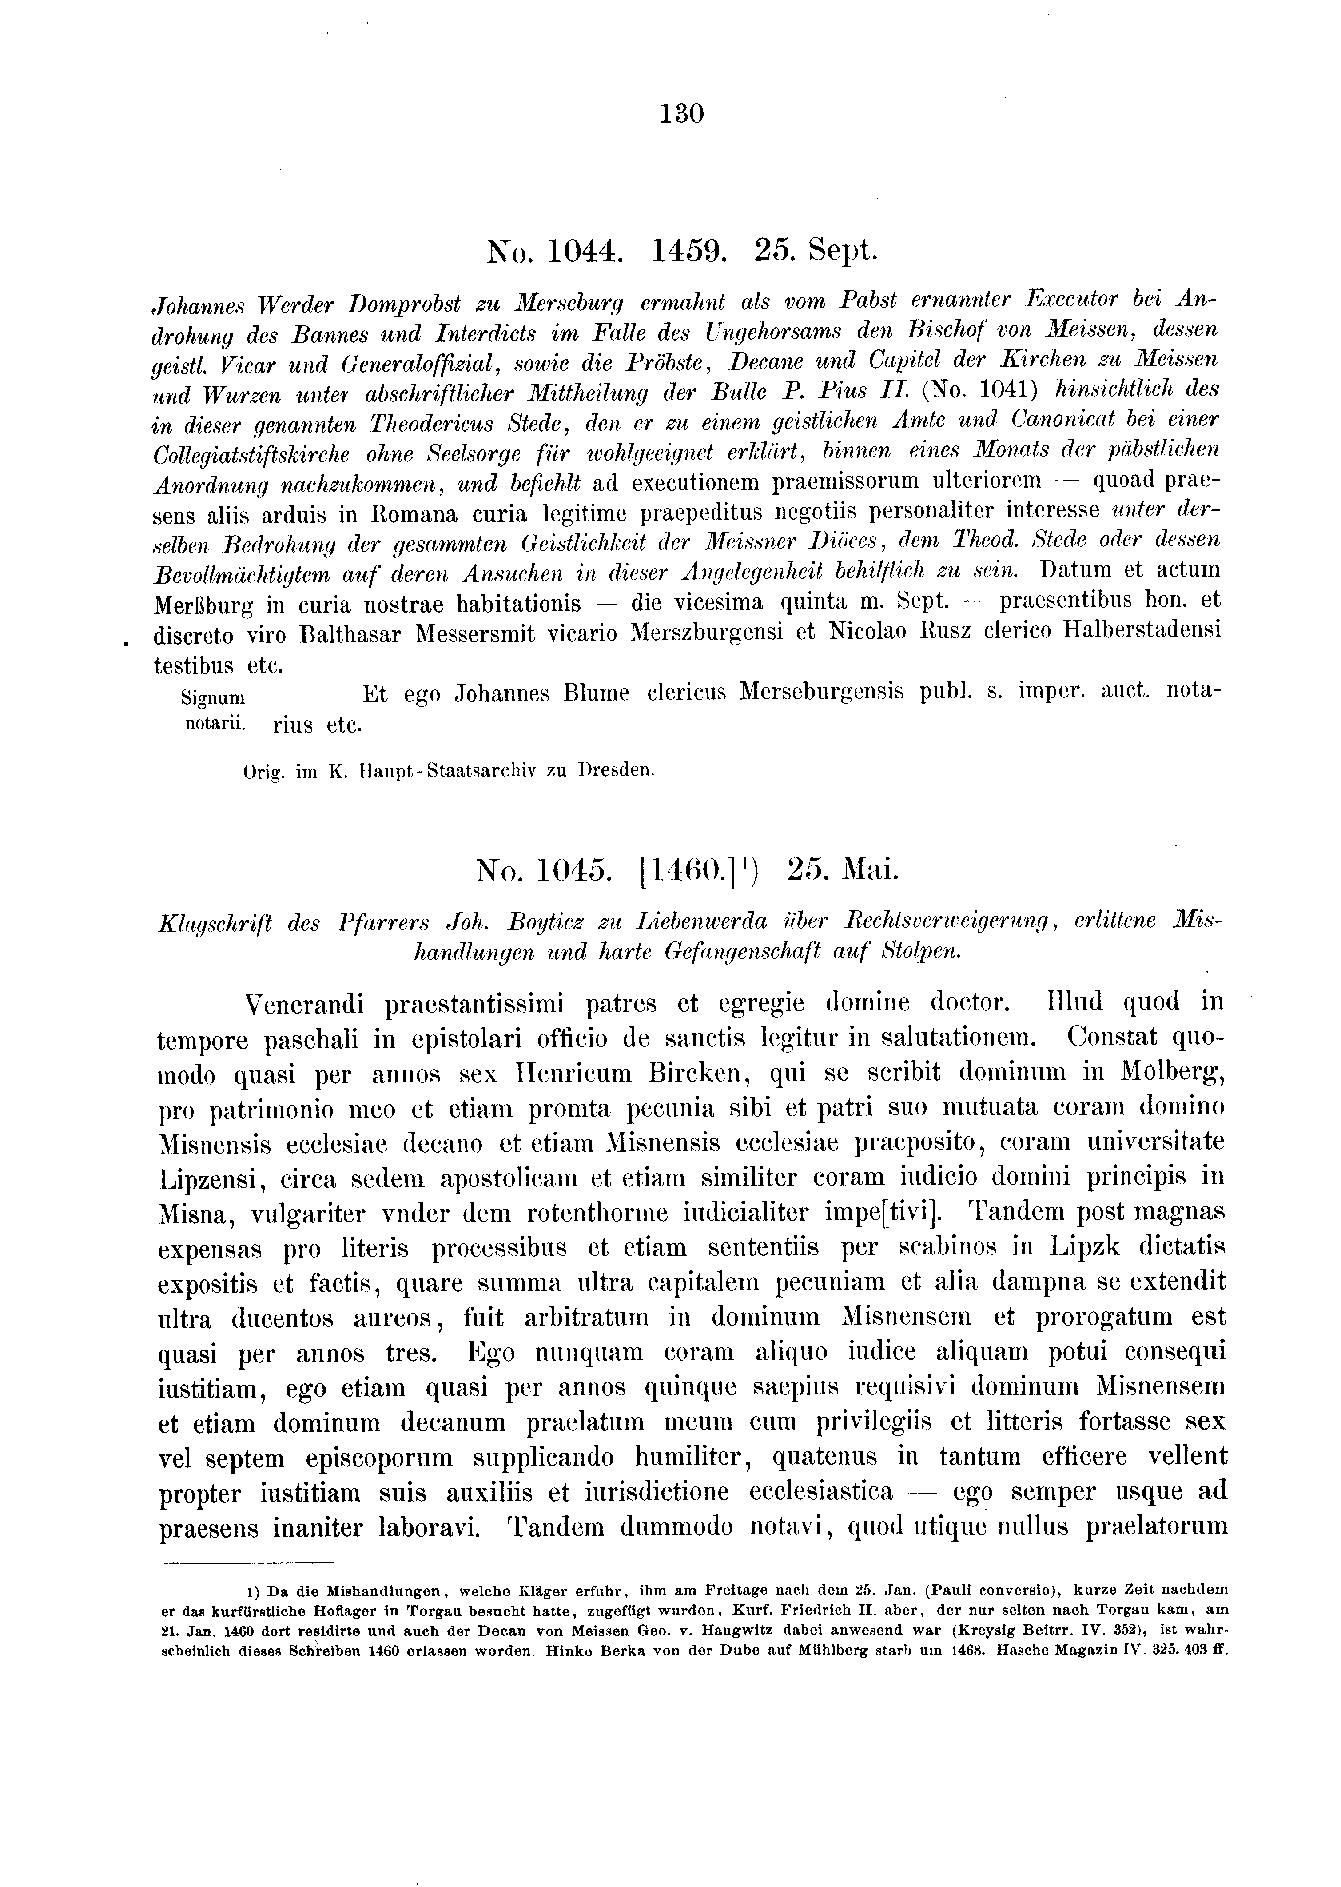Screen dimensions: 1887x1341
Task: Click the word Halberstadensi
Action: coord(1143,634)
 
